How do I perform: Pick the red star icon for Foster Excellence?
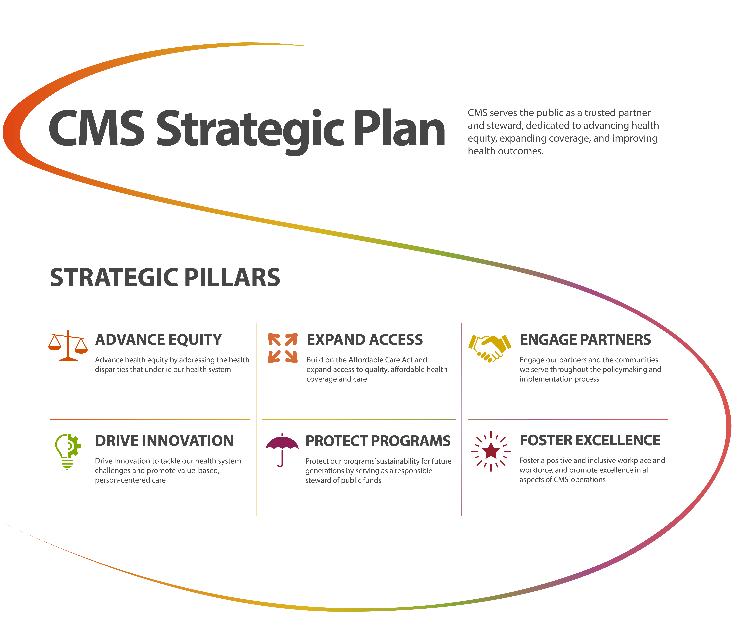(491, 451)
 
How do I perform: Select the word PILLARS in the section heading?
(232, 278)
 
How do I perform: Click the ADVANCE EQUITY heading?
(158, 340)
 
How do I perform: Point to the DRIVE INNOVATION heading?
(164, 441)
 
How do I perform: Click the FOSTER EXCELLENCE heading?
(590, 440)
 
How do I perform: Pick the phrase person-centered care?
(130, 480)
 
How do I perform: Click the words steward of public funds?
(343, 481)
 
